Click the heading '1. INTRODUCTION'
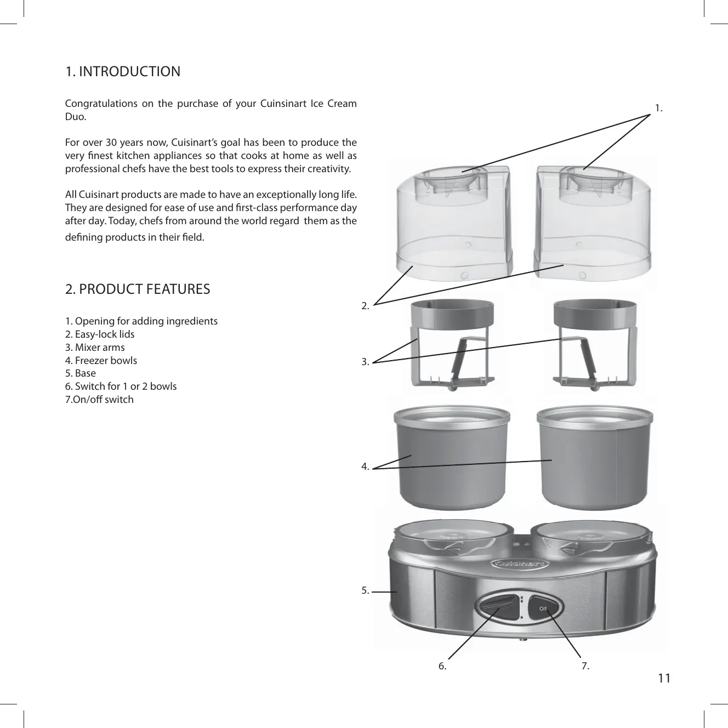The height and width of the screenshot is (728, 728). [x=123, y=72]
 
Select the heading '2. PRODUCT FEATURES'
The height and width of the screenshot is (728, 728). [x=138, y=289]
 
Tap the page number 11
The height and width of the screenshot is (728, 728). [x=664, y=679]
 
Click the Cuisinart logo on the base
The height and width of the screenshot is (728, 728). [x=520, y=564]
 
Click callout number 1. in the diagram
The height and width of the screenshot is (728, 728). [x=659, y=109]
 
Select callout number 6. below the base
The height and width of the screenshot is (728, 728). [x=442, y=667]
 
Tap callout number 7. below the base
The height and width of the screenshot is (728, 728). [x=585, y=667]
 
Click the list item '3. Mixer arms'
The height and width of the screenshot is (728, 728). [x=95, y=348]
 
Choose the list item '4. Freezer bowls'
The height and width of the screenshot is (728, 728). [x=101, y=361]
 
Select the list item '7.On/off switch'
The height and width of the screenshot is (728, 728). [x=99, y=400]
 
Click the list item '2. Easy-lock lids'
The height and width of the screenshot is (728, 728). [x=100, y=334]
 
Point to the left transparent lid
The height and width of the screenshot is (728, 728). [x=454, y=219]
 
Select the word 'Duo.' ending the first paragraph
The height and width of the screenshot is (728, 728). [x=75, y=117]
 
